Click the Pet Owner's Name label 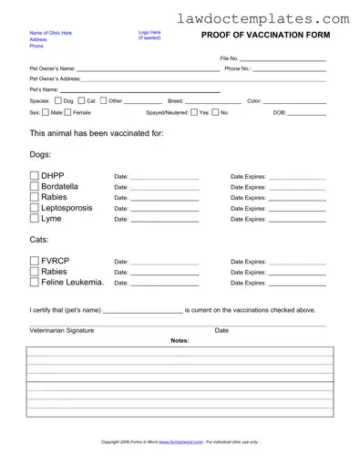point(52,68)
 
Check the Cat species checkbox point(81,100)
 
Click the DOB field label point(279,112)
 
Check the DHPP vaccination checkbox point(35,176)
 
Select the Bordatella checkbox point(35,187)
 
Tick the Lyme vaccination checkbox point(35,219)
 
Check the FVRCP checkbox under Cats point(35,262)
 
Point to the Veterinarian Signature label point(62,330)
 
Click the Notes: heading point(180,340)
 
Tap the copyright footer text point(180,441)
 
